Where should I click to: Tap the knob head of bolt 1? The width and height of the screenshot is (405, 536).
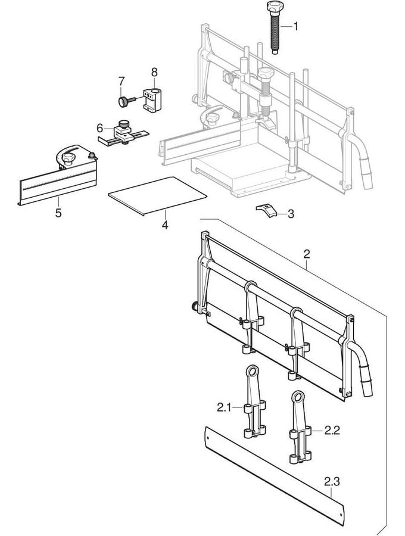[272, 7]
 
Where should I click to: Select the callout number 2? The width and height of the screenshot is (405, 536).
[306, 254]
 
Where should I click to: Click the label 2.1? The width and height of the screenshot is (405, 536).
[224, 408]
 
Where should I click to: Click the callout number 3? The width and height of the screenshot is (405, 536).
[291, 214]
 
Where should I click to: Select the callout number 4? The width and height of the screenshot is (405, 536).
[165, 226]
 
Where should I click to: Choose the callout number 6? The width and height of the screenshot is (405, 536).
[100, 127]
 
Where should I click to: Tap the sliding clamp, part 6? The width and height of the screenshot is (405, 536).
[123, 134]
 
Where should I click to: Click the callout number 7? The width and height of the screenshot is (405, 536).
[121, 80]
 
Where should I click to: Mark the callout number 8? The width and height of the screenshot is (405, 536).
[154, 72]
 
